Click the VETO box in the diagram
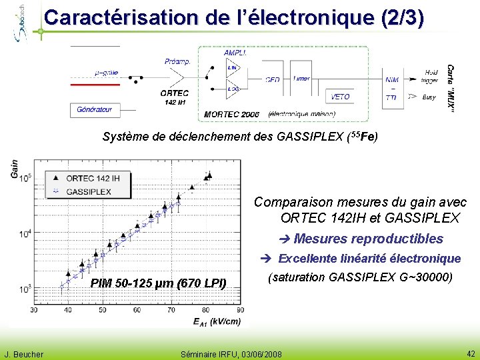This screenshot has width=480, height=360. (x=340, y=97)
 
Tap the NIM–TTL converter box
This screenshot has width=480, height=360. (x=392, y=88)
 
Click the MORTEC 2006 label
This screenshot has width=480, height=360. (x=231, y=115)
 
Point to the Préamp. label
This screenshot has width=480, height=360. (x=177, y=61)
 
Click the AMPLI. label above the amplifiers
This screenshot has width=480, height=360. (x=235, y=53)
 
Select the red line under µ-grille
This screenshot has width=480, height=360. (x=95, y=85)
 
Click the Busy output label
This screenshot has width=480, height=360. (x=429, y=97)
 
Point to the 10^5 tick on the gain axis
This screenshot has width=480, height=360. (x=24, y=178)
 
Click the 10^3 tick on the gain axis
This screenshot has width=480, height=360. (x=24, y=289)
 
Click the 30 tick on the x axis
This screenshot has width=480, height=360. (x=33, y=309)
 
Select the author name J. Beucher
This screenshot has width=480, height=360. (x=24, y=354)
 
